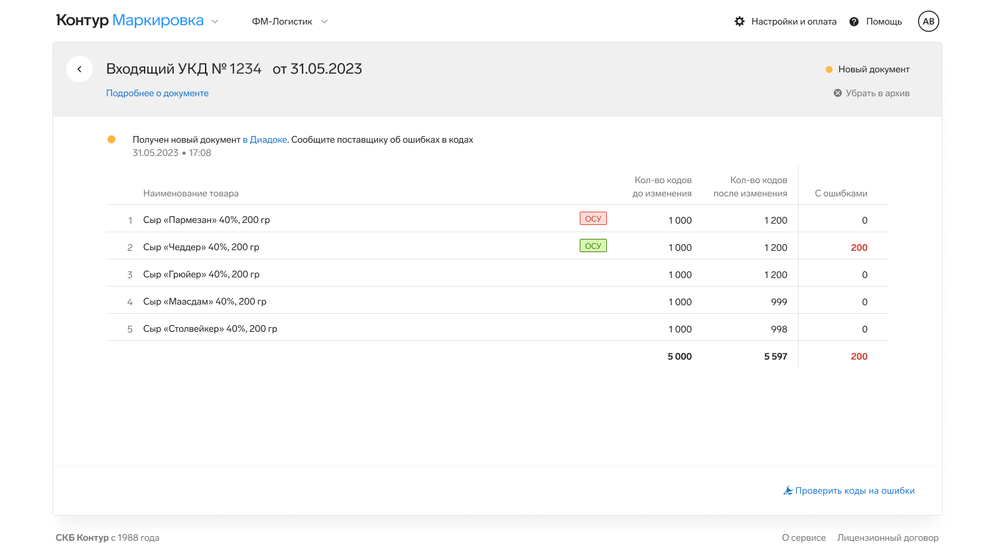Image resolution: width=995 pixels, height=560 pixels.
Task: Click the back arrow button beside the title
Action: [x=80, y=69]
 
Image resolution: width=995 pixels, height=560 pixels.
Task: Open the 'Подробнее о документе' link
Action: [x=157, y=94]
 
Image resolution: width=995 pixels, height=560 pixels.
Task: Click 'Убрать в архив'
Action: [x=872, y=94]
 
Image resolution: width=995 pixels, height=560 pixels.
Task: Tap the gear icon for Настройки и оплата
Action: [x=740, y=21]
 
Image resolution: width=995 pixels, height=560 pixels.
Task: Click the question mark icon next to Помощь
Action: [x=854, y=21]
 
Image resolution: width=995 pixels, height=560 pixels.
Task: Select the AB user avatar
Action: [x=929, y=21]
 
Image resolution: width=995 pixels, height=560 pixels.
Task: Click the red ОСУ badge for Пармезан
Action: [x=593, y=219]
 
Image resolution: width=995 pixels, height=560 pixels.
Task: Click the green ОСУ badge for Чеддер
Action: [x=593, y=245]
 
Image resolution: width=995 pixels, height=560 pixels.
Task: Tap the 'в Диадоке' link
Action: [x=265, y=139]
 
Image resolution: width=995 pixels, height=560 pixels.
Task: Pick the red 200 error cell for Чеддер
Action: [x=859, y=247]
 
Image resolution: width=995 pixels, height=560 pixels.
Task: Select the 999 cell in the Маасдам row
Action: [x=779, y=302]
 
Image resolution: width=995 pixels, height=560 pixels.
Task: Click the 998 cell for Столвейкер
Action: [x=779, y=329]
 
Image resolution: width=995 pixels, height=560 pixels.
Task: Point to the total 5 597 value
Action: [x=775, y=356]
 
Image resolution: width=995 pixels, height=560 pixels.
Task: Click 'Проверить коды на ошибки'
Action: [x=849, y=491]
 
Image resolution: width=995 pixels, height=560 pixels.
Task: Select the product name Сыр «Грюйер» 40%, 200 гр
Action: [x=201, y=274]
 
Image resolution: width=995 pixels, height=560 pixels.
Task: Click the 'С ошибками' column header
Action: [x=841, y=193]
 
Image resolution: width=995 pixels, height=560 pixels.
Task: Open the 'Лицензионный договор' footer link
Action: [x=888, y=538]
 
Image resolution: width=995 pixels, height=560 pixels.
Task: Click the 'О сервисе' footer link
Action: [x=804, y=538]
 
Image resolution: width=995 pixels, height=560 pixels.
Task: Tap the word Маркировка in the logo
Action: [x=158, y=21]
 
